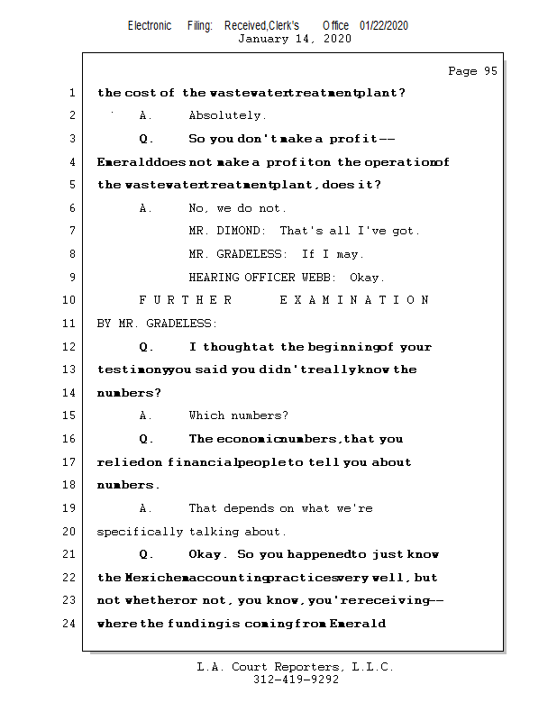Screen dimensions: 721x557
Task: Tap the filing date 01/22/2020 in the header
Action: click(383, 26)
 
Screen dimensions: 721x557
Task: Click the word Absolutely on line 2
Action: click(227, 115)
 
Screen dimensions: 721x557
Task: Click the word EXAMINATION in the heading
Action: click(354, 300)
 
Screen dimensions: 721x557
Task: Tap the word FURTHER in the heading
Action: click(185, 300)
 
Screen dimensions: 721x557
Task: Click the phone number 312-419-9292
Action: click(296, 680)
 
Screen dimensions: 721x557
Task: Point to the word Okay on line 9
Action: click(367, 278)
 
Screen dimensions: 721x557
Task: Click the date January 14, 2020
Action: click(295, 39)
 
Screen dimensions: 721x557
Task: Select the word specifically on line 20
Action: click(140, 532)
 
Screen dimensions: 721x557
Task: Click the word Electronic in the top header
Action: click(150, 26)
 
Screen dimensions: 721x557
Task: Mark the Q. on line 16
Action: click(147, 439)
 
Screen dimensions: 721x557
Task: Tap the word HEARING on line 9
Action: click(214, 278)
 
